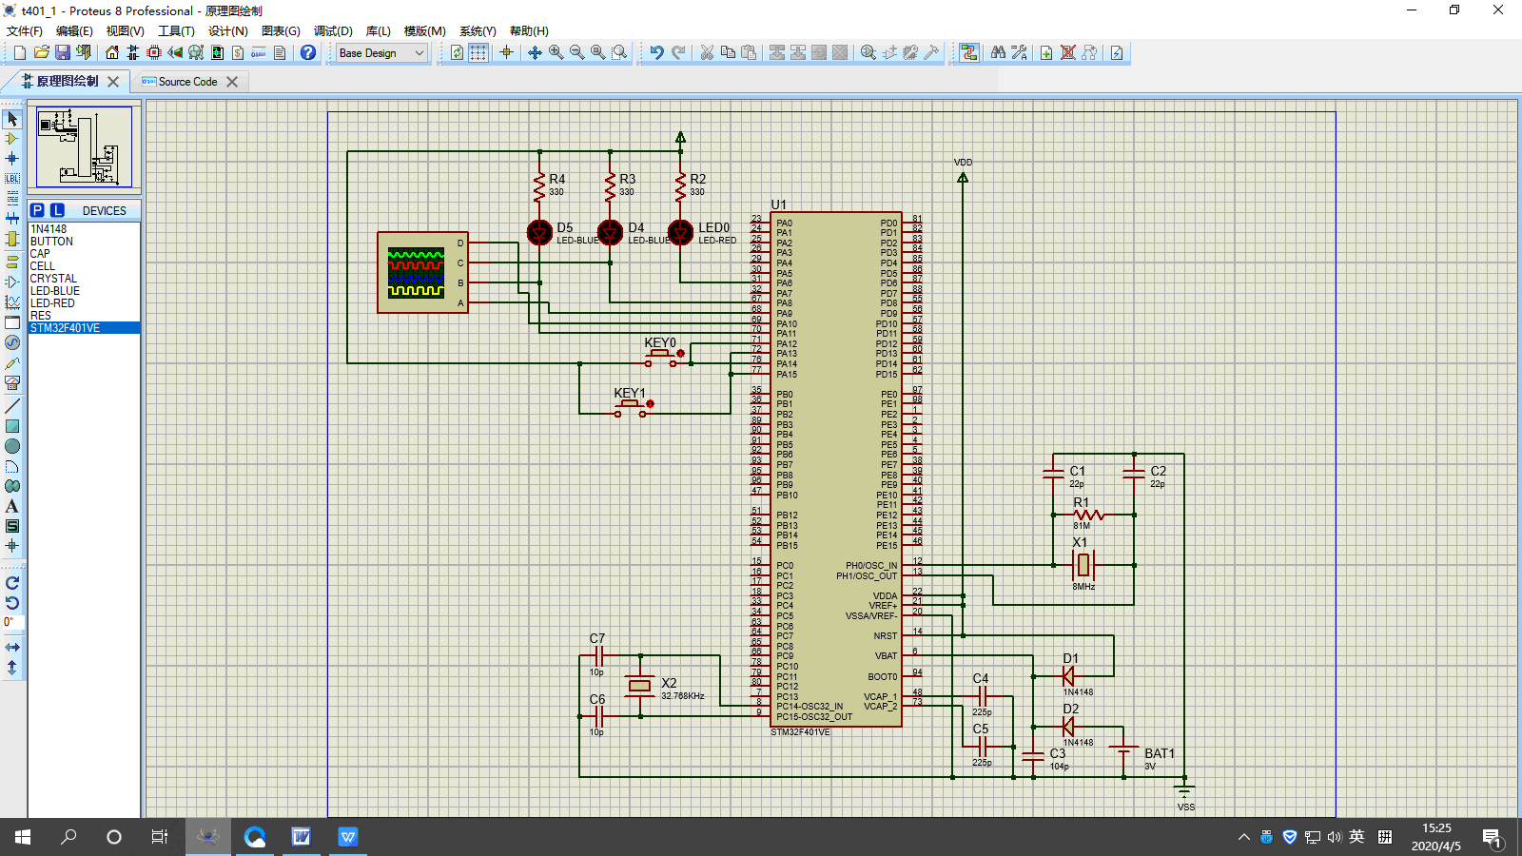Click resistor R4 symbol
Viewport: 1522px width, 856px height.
click(x=539, y=186)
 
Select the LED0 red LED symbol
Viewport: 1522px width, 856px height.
click(x=680, y=231)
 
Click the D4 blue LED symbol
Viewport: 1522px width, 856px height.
click(x=610, y=231)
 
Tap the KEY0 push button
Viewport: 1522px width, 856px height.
click(x=661, y=357)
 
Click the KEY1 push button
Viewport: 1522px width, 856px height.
click(x=631, y=407)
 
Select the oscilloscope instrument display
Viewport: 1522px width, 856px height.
click(x=416, y=272)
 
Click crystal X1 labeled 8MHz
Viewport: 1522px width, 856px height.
click(x=1083, y=565)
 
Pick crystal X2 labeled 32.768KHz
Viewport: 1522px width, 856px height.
click(x=640, y=686)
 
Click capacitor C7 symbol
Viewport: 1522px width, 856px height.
click(x=598, y=655)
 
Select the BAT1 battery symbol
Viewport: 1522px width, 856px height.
click(x=1123, y=751)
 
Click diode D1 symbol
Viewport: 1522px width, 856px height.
click(x=1068, y=676)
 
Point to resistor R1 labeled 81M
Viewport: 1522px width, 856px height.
click(x=1087, y=515)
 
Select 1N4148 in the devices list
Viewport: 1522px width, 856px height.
click(x=49, y=229)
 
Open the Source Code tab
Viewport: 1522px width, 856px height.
click(x=187, y=82)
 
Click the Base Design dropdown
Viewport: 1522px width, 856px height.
click(x=381, y=53)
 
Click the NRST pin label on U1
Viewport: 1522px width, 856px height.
click(x=885, y=636)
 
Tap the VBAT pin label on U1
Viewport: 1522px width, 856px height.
click(x=886, y=656)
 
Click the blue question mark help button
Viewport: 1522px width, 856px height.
click(x=308, y=53)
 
